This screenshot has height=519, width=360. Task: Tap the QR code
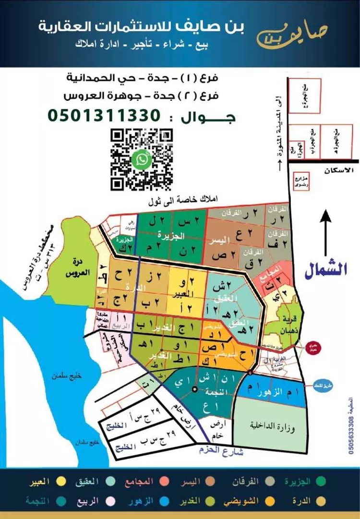[142, 159]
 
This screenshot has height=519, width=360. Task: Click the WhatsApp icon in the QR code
[142, 159]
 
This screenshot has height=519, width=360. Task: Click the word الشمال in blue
[326, 269]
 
